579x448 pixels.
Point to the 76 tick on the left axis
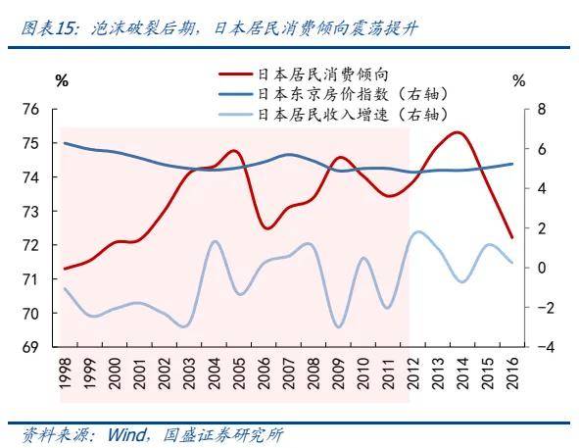click(x=32, y=110)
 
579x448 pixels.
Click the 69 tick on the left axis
click(x=32, y=347)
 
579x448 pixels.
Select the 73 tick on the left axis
click(x=32, y=212)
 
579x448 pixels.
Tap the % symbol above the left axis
click(x=62, y=81)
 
